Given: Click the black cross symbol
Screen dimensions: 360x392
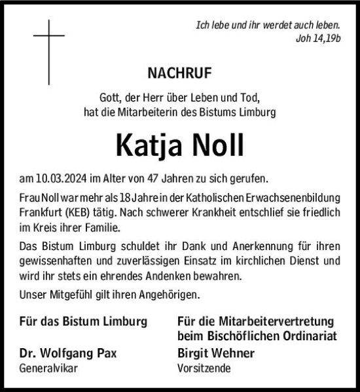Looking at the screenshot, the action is point(49,52).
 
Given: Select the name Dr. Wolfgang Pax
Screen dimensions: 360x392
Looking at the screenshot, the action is point(69,353).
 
